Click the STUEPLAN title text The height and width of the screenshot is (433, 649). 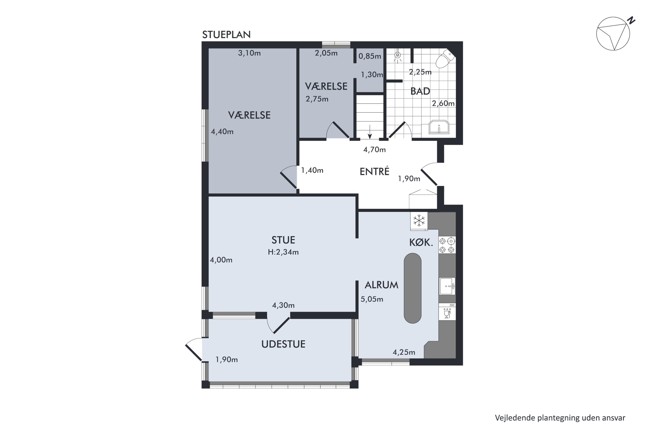pyautogui.click(x=226, y=35)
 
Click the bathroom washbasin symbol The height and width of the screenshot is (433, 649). pyautogui.click(x=439, y=127)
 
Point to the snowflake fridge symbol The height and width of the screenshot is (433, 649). pyautogui.click(x=419, y=221)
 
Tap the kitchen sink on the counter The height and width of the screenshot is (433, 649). pyautogui.click(x=447, y=286)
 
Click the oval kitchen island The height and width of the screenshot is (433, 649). pyautogui.click(x=413, y=288)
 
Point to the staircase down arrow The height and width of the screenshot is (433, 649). pyautogui.click(x=370, y=132)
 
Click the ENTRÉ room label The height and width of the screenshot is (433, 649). pyautogui.click(x=374, y=172)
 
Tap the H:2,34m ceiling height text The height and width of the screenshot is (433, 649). pyautogui.click(x=283, y=252)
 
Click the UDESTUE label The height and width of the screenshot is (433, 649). pyautogui.click(x=283, y=344)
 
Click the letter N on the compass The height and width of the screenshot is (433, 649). pyautogui.click(x=631, y=20)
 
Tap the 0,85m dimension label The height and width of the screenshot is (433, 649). pyautogui.click(x=369, y=56)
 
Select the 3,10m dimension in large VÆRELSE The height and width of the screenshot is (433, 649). pyautogui.click(x=249, y=53)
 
